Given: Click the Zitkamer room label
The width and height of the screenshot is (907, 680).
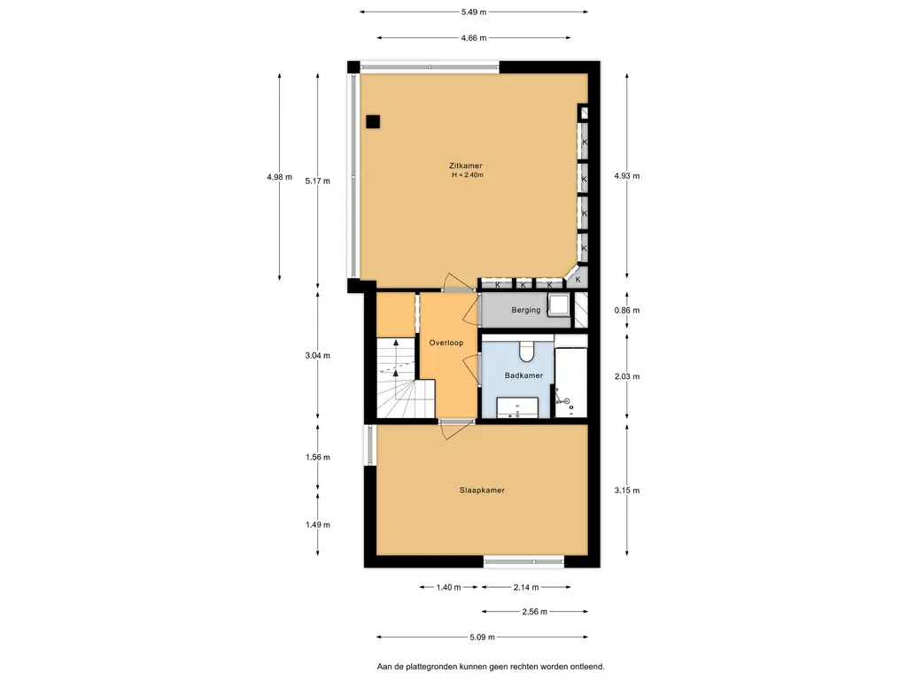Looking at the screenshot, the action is click(x=465, y=166).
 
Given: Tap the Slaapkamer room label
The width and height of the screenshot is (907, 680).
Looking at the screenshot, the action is click(x=482, y=491).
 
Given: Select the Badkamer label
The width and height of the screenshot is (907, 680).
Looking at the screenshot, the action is click(x=523, y=375).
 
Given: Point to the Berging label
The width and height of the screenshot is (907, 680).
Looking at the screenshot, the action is click(x=526, y=310).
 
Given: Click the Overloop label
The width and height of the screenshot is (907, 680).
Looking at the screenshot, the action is click(x=446, y=343).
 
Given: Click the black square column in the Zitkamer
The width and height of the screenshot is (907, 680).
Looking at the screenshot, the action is click(x=373, y=121).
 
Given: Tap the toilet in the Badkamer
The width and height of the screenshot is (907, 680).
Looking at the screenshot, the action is click(x=527, y=350).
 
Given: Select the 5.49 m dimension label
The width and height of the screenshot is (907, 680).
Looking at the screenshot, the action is click(x=474, y=12).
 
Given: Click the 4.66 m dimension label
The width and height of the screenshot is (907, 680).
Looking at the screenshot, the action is click(x=474, y=38).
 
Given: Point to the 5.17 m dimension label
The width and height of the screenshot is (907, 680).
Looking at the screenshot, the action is click(x=318, y=181).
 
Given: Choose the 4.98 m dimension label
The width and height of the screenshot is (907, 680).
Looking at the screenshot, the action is click(x=279, y=177).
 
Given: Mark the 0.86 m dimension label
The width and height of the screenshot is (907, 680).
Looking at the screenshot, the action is click(x=627, y=311).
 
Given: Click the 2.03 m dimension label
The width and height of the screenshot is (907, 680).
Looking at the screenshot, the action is click(x=627, y=376).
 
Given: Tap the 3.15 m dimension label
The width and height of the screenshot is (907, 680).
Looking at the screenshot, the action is click(x=627, y=491).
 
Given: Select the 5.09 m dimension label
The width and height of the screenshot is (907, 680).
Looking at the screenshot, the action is click(x=483, y=637).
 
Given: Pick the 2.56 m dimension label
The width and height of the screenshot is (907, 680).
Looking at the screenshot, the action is click(x=534, y=612).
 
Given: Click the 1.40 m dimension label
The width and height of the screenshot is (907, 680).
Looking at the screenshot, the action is click(x=448, y=588).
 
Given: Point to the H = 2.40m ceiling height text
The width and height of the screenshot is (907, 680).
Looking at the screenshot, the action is click(x=468, y=174).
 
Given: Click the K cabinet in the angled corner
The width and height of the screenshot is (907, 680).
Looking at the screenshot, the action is click(x=577, y=278).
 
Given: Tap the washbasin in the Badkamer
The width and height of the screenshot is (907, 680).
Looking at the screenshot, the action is click(x=517, y=407).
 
